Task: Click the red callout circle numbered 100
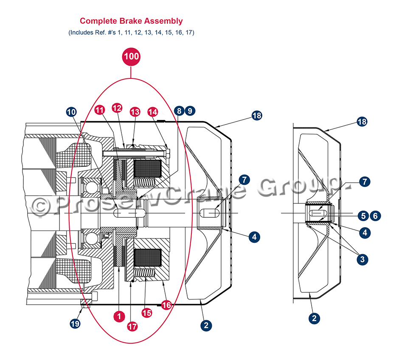[131, 56]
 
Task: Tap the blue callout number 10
[72, 112]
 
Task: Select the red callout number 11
[99, 109]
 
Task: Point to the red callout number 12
[117, 108]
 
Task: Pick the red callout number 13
[135, 112]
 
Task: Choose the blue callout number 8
[179, 111]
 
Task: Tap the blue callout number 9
[190, 111]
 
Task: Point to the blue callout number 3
[362, 259]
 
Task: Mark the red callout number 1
[119, 315]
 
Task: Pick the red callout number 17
[132, 326]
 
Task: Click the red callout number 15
[147, 313]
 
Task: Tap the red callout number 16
[166, 305]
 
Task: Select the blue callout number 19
[75, 323]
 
